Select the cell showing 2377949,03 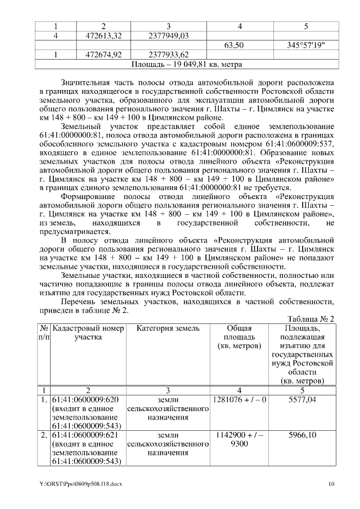click(x=168, y=35)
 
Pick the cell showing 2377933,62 click(x=168, y=55)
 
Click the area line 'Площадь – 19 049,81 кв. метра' click(x=186, y=64)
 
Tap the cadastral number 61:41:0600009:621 click(x=85, y=435)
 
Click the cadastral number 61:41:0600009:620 click(x=85, y=400)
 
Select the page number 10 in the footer click(x=331, y=484)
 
